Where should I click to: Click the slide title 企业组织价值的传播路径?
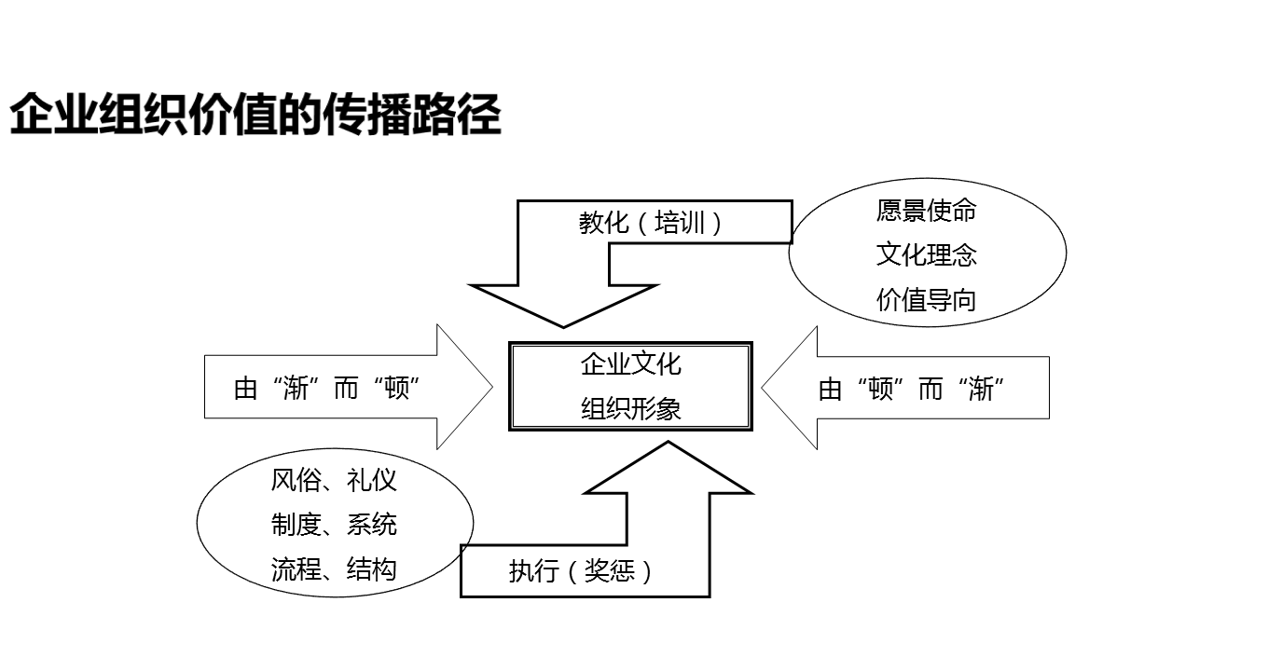point(255,116)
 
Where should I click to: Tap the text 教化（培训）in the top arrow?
point(650,224)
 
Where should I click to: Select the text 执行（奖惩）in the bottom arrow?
point(580,570)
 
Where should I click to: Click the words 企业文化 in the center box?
point(630,364)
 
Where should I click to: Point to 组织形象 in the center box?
point(630,408)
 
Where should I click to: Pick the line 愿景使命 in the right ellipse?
point(926,211)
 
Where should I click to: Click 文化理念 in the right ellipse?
point(926,254)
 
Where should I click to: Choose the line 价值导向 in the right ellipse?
point(926,299)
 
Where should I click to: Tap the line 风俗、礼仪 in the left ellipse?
point(334,481)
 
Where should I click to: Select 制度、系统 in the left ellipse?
point(334,525)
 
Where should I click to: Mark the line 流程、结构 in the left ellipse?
point(334,569)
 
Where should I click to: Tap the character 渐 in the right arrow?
point(981,389)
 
